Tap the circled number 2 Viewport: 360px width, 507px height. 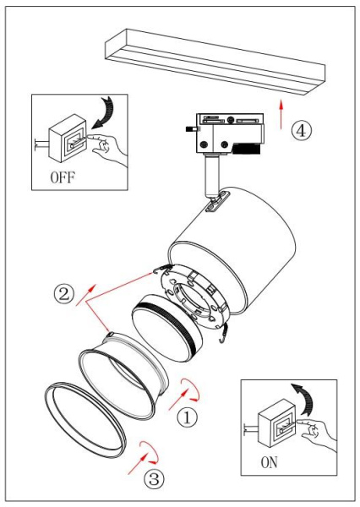coord(63,295)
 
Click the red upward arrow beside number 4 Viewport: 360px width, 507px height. coord(281,112)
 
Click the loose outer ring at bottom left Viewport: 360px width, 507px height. coord(85,422)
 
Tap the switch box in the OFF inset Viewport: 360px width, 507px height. coord(68,135)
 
